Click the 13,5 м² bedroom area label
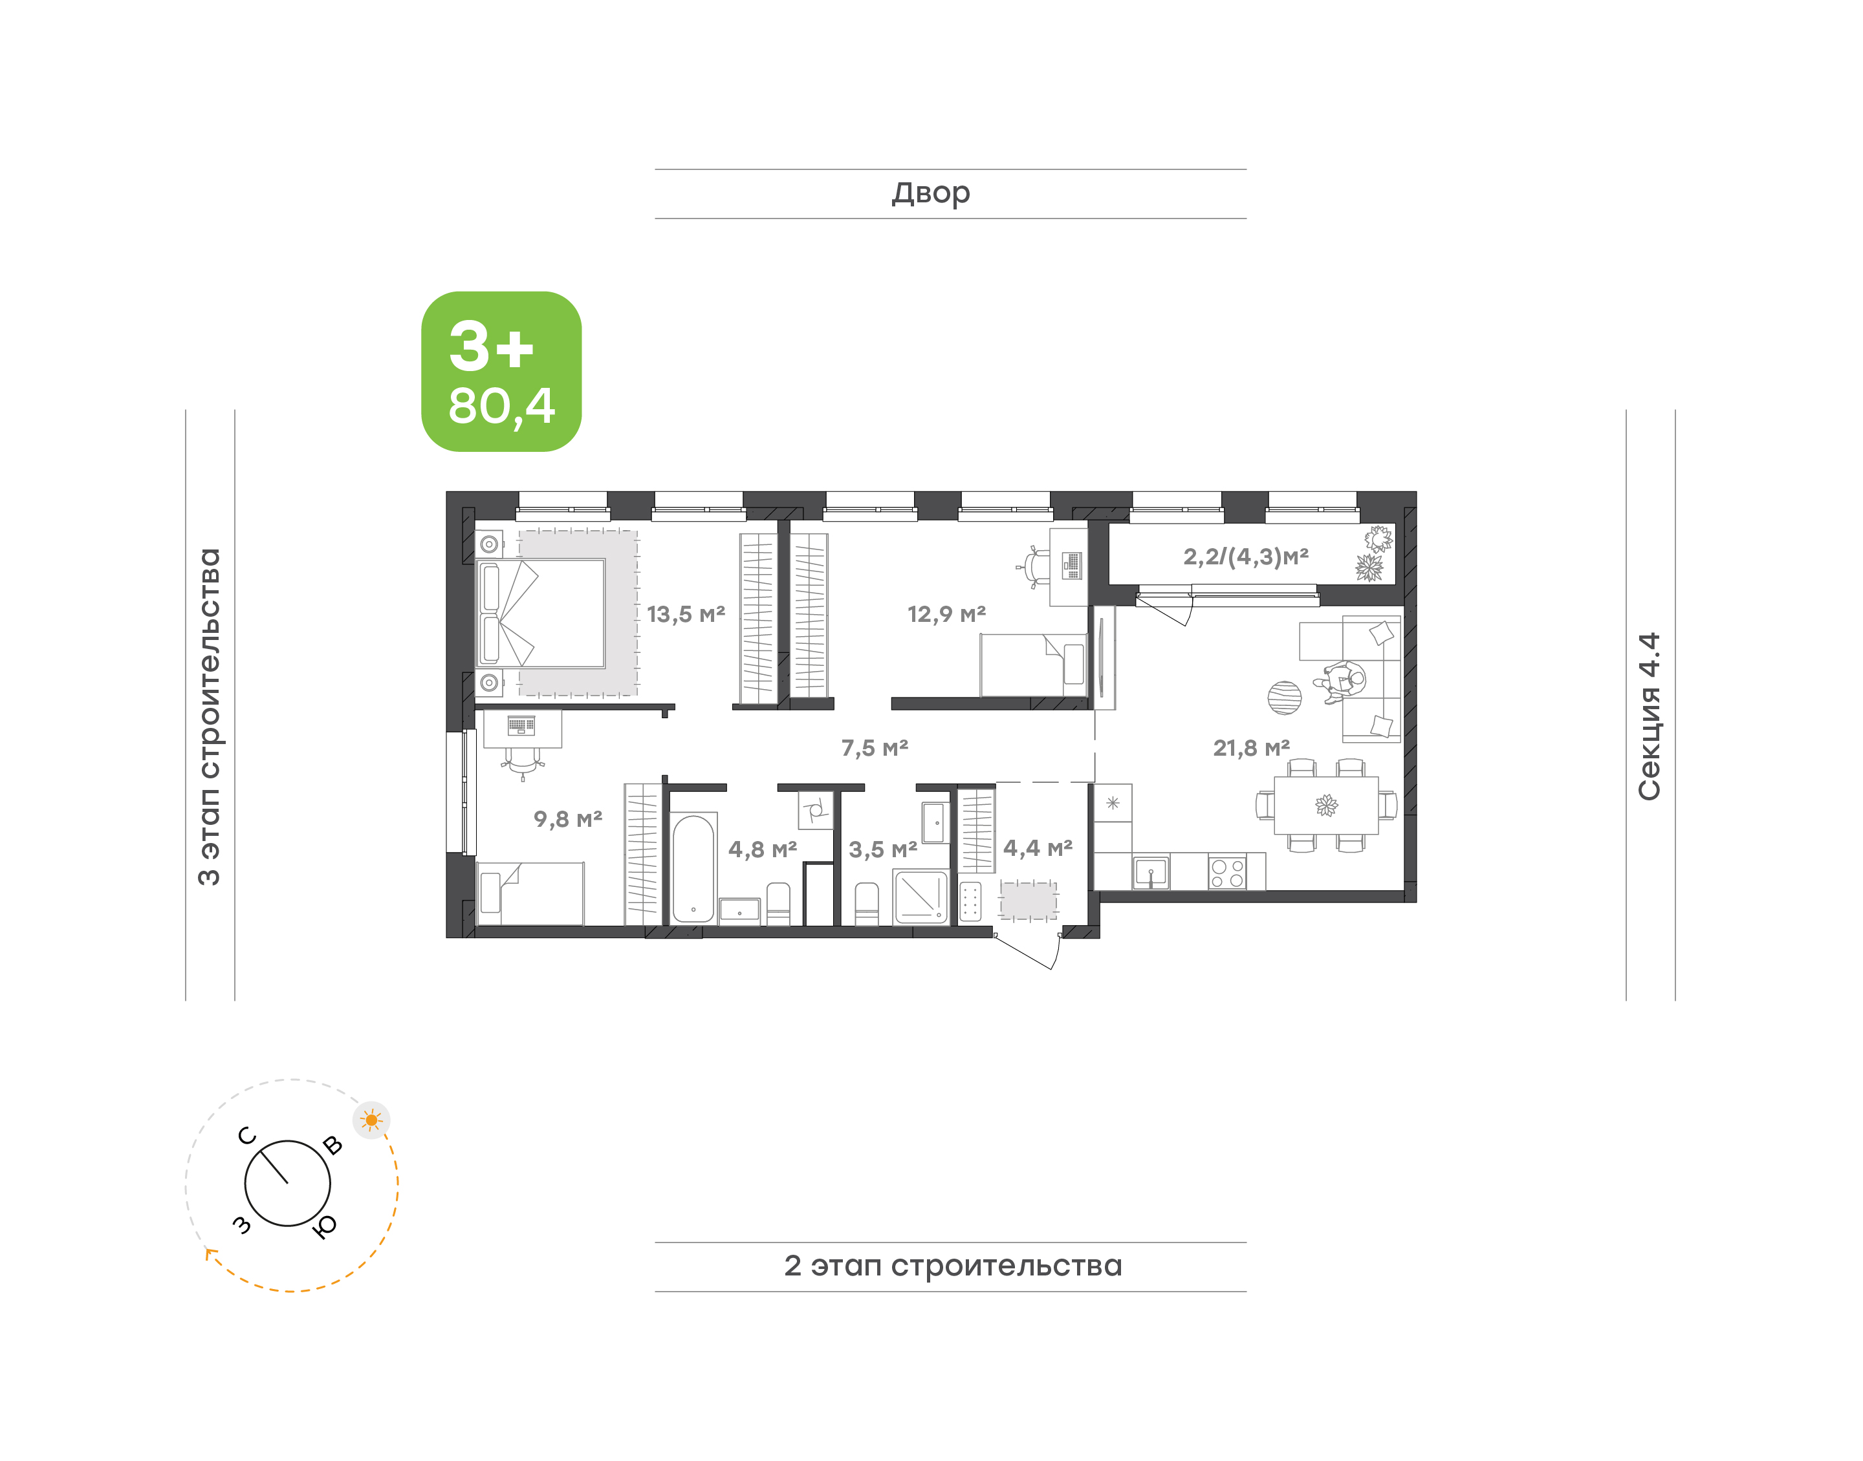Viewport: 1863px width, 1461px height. point(686,614)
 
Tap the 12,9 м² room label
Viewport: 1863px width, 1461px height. point(946,614)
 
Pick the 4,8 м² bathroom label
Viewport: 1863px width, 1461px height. point(763,849)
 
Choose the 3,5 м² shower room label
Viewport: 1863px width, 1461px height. point(883,849)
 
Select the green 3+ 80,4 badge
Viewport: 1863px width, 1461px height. point(501,371)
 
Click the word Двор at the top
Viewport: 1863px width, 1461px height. point(931,193)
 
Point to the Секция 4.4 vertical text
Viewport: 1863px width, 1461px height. point(1649,717)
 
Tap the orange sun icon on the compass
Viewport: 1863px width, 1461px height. point(371,1120)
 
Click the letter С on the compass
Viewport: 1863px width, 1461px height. point(247,1136)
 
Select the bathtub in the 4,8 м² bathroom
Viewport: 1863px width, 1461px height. point(693,868)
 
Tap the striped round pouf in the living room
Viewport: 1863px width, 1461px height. point(1285,698)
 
